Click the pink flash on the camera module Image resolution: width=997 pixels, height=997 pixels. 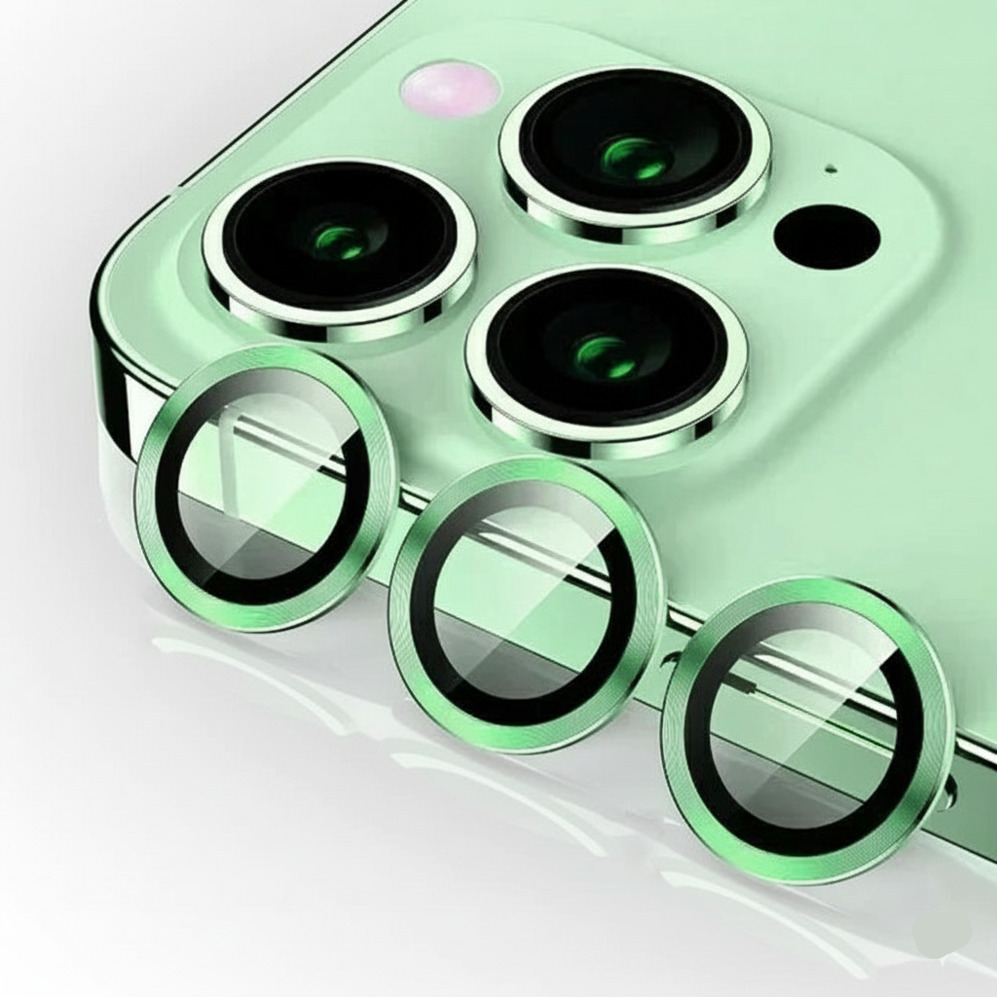point(450,89)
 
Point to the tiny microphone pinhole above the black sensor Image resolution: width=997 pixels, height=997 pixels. point(830,169)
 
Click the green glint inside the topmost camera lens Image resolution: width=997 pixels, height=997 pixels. point(635,157)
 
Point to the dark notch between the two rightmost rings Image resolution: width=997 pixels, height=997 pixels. point(670,662)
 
